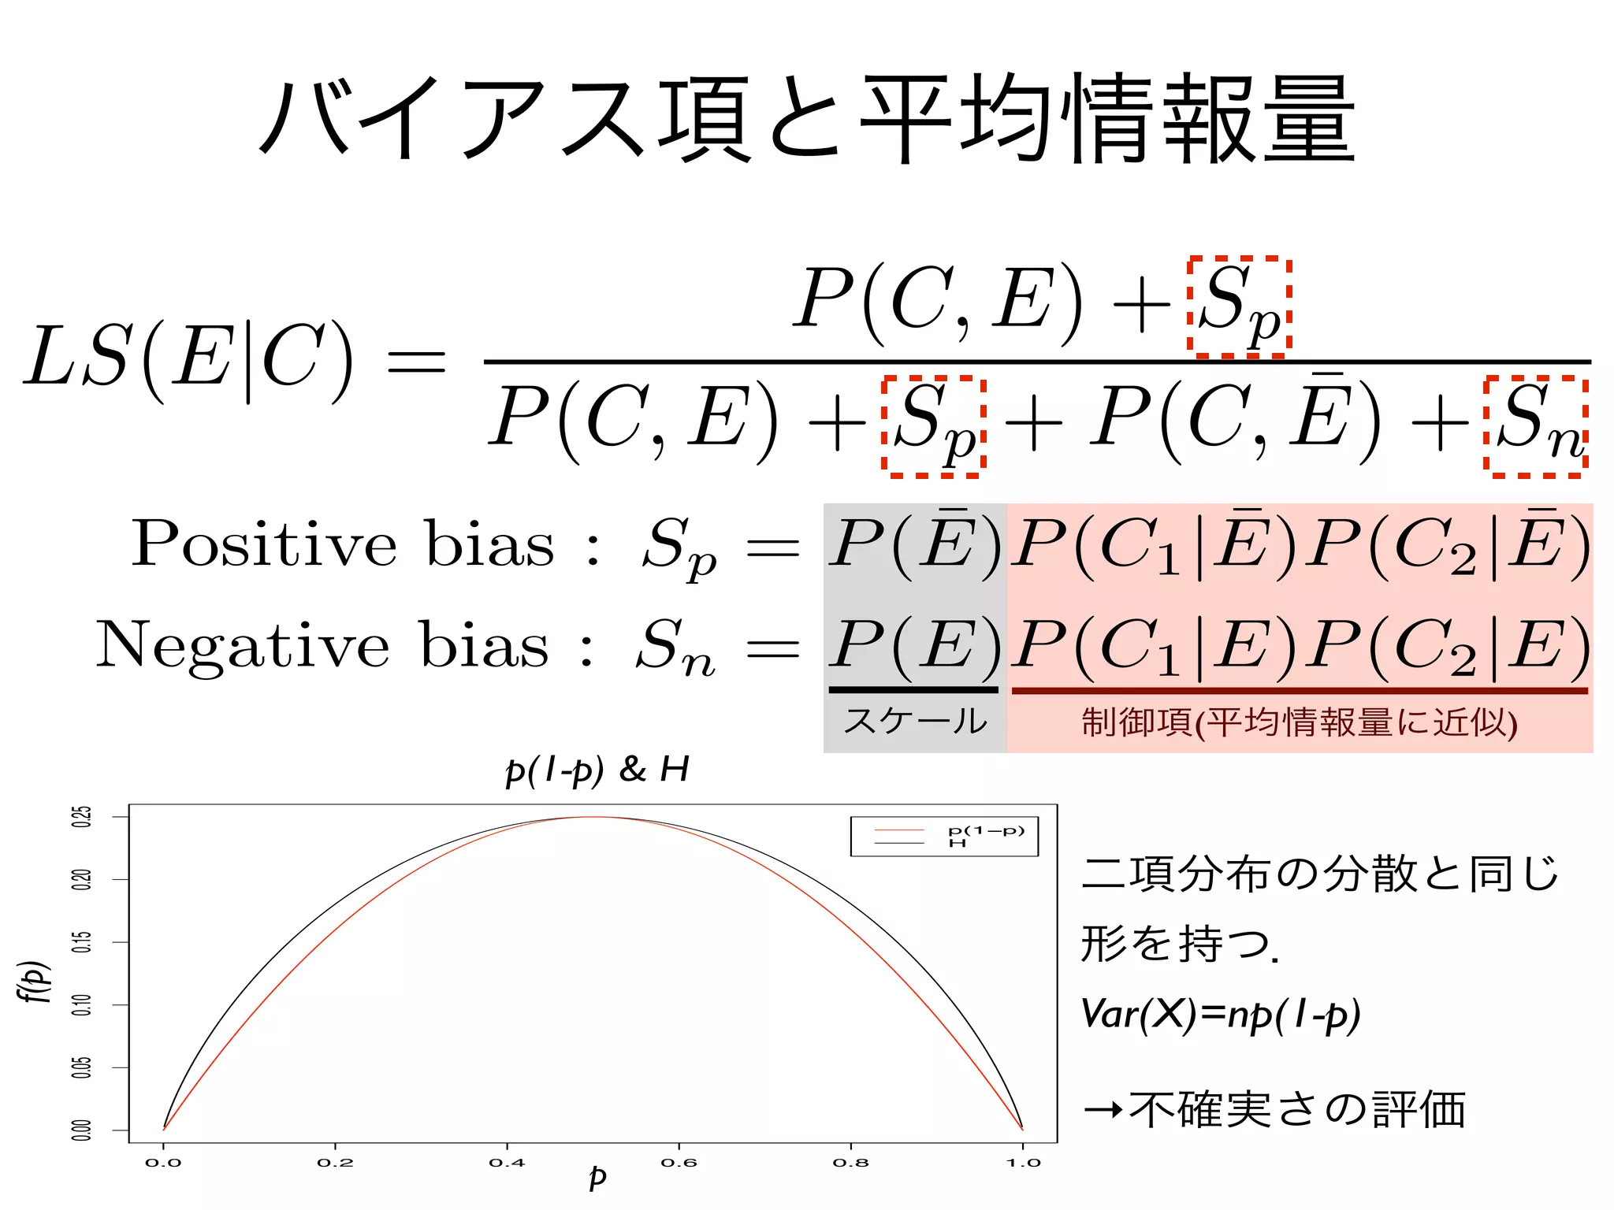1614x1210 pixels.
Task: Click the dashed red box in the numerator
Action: [x=1239, y=306]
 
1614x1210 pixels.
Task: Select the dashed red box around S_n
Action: [x=1535, y=426]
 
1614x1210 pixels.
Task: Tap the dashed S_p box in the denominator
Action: [x=933, y=426]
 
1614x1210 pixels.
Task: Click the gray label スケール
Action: [x=914, y=721]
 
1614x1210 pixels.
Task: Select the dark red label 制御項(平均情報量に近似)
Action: [x=1300, y=722]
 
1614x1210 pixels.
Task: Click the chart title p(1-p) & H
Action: [x=597, y=770]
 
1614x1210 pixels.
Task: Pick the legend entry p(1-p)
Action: [x=986, y=830]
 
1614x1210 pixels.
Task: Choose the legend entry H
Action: [x=958, y=844]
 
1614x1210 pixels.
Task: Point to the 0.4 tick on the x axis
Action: [x=507, y=1163]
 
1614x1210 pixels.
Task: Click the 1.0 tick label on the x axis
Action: [x=1023, y=1163]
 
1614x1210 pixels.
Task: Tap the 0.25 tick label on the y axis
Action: [x=81, y=816]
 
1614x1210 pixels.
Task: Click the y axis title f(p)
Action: [x=34, y=981]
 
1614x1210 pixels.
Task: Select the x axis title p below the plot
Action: [x=597, y=1178]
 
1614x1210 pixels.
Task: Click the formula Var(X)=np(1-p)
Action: [x=1221, y=1015]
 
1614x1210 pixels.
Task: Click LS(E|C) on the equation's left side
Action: [x=189, y=358]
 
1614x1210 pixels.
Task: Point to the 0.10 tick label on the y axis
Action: [x=81, y=1004]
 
